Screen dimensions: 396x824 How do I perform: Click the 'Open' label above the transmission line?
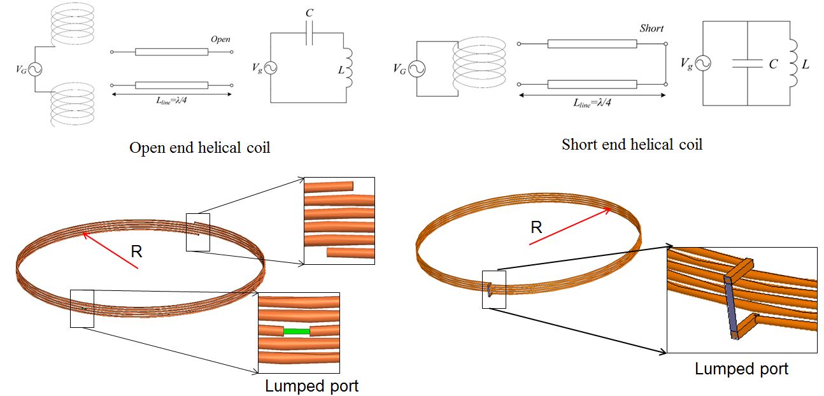click(220, 39)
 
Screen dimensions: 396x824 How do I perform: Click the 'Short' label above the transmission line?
click(651, 29)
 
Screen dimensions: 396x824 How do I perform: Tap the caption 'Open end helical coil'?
click(200, 148)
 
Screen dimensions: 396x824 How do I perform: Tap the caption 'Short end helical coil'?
click(632, 145)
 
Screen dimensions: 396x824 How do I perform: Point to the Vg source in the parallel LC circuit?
click(703, 63)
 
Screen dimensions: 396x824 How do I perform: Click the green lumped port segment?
click(296, 331)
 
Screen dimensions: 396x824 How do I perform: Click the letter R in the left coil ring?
click(136, 251)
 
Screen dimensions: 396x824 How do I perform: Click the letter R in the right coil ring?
click(536, 227)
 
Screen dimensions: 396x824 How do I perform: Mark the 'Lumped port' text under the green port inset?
click(311, 386)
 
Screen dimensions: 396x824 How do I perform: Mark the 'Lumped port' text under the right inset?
click(741, 369)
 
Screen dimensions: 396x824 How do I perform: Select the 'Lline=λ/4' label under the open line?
click(152, 103)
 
